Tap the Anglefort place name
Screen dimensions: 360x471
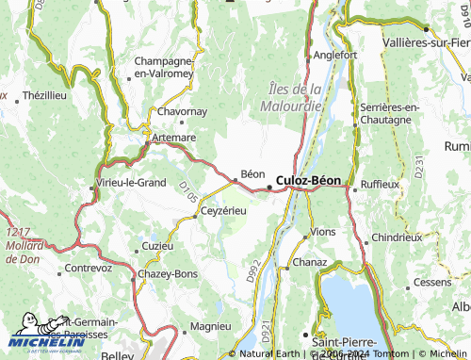335,55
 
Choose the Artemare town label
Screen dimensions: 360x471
173,138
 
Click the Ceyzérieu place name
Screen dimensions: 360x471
224,210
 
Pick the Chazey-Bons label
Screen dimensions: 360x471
168,272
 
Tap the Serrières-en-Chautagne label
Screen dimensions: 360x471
390,113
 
